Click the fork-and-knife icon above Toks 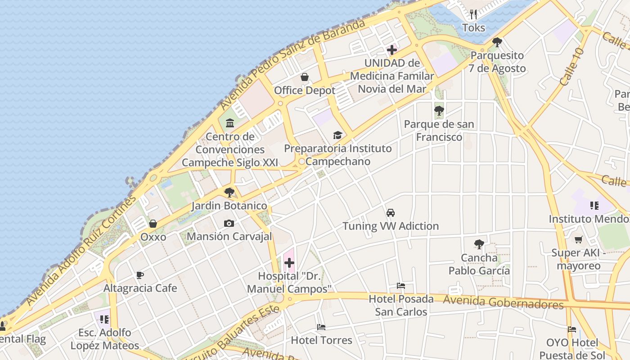pyautogui.click(x=473, y=14)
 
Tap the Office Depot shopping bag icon pyautogui.click(x=305, y=77)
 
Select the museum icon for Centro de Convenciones pyautogui.click(x=230, y=122)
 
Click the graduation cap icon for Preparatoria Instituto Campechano pyautogui.click(x=337, y=135)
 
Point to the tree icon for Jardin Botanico pyautogui.click(x=229, y=193)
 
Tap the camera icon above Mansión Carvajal pyautogui.click(x=229, y=223)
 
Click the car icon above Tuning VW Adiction pyautogui.click(x=391, y=213)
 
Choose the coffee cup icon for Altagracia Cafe pyautogui.click(x=140, y=275)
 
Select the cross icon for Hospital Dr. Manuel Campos pyautogui.click(x=289, y=263)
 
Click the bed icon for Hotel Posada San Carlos pyautogui.click(x=401, y=286)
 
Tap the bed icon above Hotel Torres pyautogui.click(x=321, y=327)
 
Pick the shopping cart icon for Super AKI pyautogui.click(x=579, y=239)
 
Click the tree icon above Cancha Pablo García pyautogui.click(x=479, y=244)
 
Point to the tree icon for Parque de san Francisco pyautogui.click(x=439, y=110)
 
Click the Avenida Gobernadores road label pyautogui.click(x=503, y=302)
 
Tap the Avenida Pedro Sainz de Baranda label pyautogui.click(x=292, y=64)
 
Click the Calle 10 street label pyautogui.click(x=572, y=67)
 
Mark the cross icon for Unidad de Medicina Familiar pyautogui.click(x=392, y=49)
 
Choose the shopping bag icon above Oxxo pyautogui.click(x=153, y=224)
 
